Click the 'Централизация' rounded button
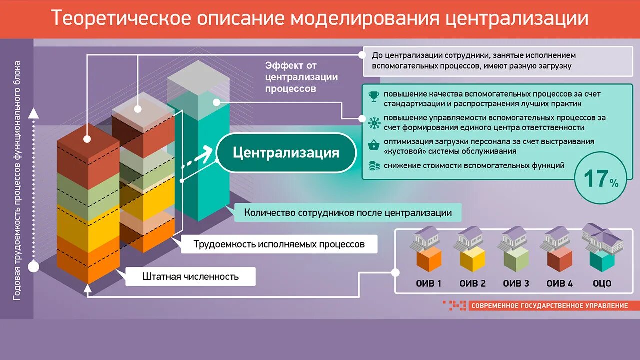click(x=286, y=153)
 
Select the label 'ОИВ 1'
click(x=428, y=283)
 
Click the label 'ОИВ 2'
click(x=472, y=283)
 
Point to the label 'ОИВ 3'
click(x=516, y=283)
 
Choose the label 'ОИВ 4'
click(x=559, y=283)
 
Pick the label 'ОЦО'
click(x=602, y=283)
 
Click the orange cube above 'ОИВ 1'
click(x=429, y=259)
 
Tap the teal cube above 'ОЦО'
click(x=602, y=259)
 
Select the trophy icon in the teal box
click(x=373, y=95)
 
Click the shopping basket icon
click(x=373, y=145)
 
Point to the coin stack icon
click(x=373, y=166)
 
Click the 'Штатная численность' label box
click(x=190, y=276)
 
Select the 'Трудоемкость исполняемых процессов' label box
click(x=279, y=244)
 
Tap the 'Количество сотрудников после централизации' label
click(x=348, y=213)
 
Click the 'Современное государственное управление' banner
click(x=549, y=305)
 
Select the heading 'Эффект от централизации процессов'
click(x=301, y=77)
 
